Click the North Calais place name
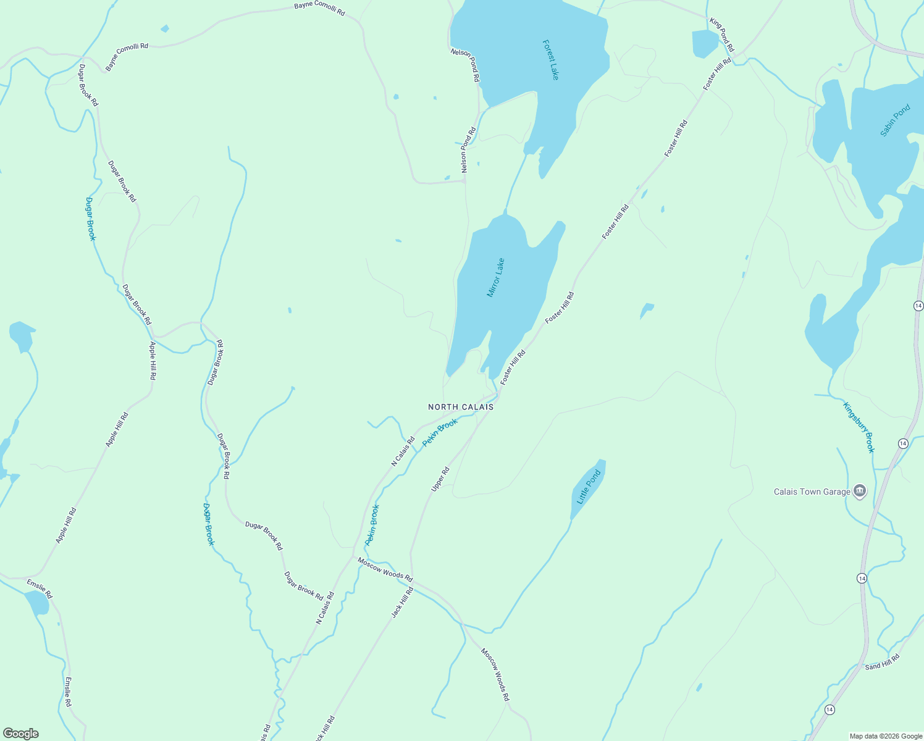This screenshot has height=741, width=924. [x=461, y=407]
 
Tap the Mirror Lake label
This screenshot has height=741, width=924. [x=496, y=277]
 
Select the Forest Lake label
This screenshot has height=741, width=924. [x=550, y=60]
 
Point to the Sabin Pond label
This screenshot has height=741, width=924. [x=895, y=120]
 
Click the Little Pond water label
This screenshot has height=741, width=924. [x=588, y=488]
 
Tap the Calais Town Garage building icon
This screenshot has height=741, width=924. [x=859, y=492]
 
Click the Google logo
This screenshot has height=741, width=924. [x=20, y=734]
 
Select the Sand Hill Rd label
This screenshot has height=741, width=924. [x=882, y=663]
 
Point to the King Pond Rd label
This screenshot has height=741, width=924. [x=721, y=35]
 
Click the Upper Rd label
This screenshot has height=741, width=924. [x=440, y=479]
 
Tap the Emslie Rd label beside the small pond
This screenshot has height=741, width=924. [x=40, y=589]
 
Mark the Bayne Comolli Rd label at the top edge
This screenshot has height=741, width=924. [x=319, y=7]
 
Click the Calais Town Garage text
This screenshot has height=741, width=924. [x=812, y=492]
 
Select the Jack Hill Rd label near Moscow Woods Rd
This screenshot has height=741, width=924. [x=402, y=603]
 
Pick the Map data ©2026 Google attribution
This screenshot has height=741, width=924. [x=886, y=735]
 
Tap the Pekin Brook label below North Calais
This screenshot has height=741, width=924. [x=440, y=433]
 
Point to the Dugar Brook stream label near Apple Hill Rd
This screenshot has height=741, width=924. [x=91, y=219]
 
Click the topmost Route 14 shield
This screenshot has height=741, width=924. [x=918, y=306]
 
